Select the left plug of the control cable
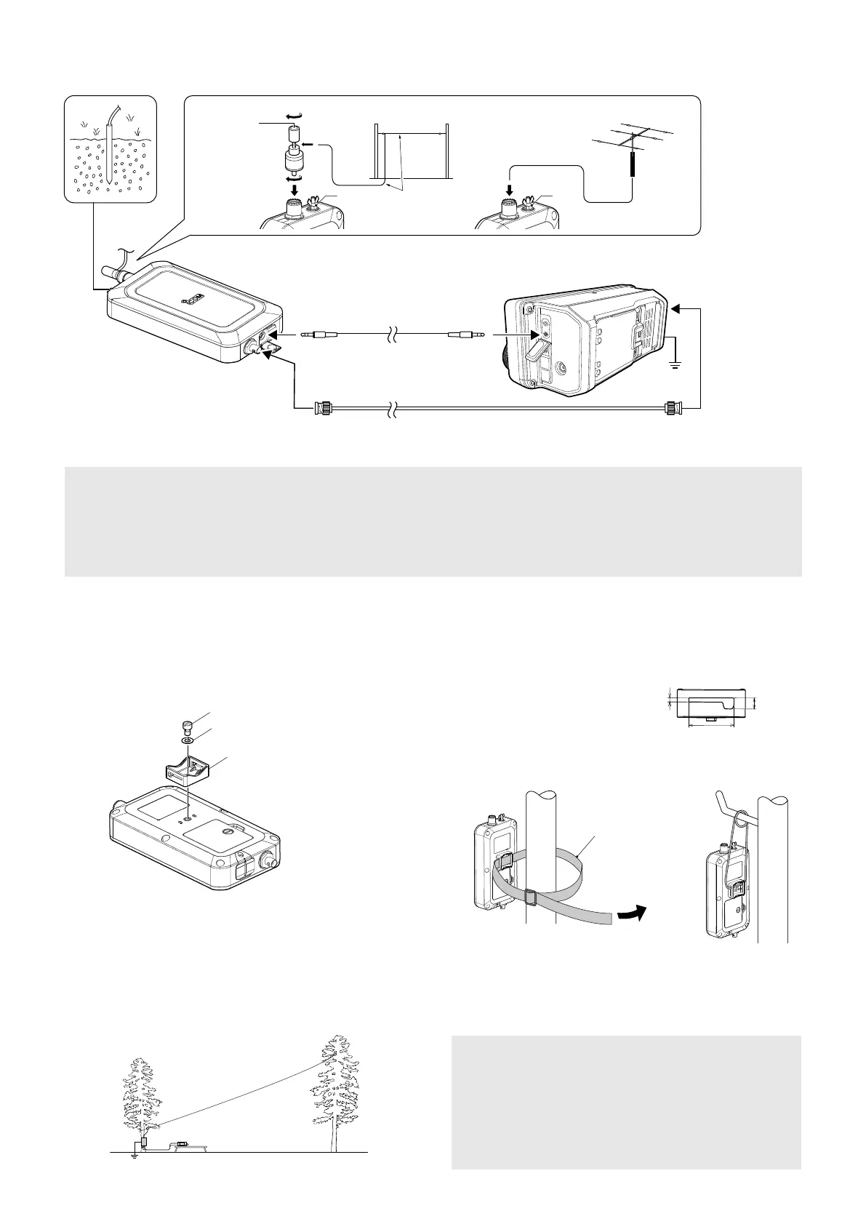319,335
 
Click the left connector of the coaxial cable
322,409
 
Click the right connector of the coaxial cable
670,409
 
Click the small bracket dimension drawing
711,703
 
